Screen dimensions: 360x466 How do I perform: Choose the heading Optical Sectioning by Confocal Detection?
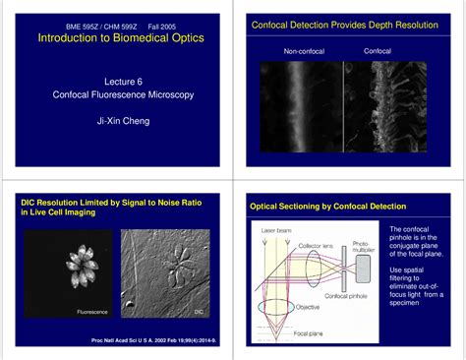tap(326, 208)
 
